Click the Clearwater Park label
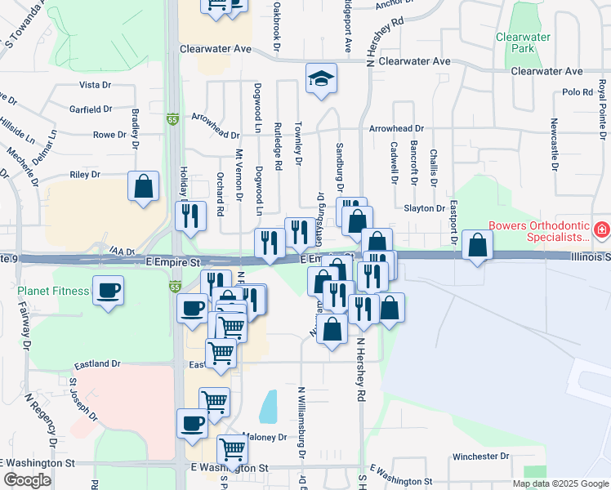click(516, 42)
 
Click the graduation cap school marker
click(322, 78)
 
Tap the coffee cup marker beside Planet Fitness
click(108, 290)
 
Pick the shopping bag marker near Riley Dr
click(144, 185)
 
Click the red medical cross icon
click(602, 231)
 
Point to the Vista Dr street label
click(95, 85)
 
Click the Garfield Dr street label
click(91, 109)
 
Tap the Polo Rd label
click(577, 92)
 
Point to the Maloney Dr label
click(265, 437)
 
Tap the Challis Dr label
click(434, 166)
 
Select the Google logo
click(28, 480)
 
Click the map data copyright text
click(560, 483)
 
